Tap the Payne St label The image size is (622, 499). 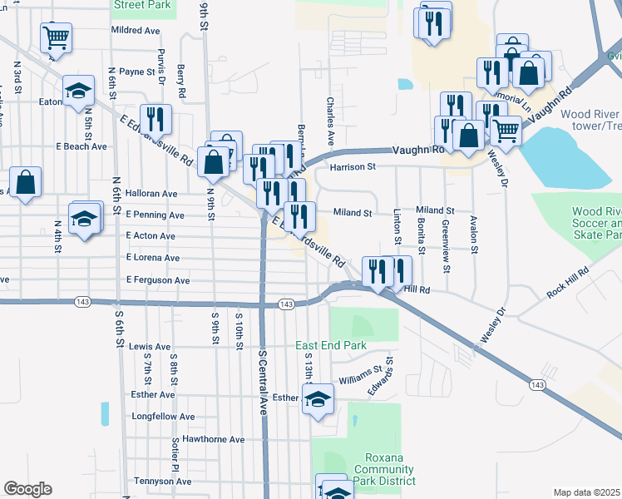(x=137, y=72)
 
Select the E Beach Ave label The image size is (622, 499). (x=81, y=146)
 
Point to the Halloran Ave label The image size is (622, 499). (x=151, y=194)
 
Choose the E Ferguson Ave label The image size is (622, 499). (x=158, y=281)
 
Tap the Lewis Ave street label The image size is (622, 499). (x=150, y=347)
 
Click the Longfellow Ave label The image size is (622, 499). (x=163, y=417)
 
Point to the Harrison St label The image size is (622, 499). (x=353, y=167)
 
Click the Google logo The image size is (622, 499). (x=27, y=489)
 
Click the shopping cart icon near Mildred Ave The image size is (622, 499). (x=56, y=36)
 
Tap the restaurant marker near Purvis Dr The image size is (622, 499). (x=155, y=119)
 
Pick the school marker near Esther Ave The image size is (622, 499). (x=318, y=399)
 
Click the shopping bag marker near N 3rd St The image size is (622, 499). (x=25, y=181)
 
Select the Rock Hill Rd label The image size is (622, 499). (x=567, y=283)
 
